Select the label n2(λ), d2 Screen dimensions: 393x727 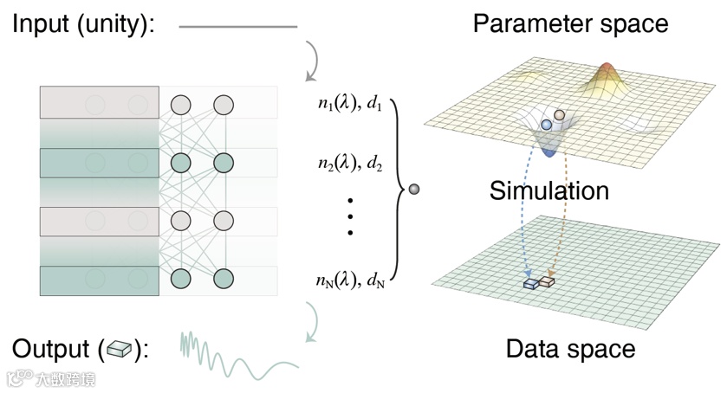point(350,164)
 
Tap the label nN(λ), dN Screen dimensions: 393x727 point(351,279)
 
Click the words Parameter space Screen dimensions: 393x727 point(570,23)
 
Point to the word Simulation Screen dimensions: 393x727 point(548,190)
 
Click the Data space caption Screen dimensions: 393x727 point(570,350)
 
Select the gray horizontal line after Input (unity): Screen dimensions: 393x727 point(237,27)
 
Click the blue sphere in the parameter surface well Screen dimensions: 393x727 point(546,126)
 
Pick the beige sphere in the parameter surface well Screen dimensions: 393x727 point(560,114)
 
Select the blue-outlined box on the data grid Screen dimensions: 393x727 point(530,283)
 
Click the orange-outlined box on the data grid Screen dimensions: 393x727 point(547,281)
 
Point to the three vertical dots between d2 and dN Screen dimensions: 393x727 point(351,216)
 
